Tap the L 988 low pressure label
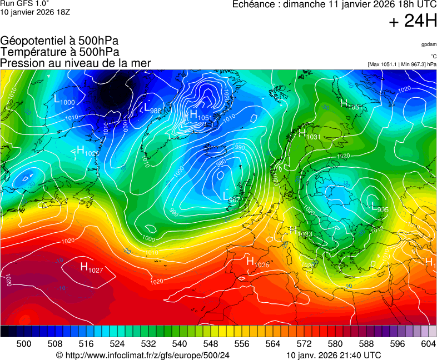click(x=152, y=108)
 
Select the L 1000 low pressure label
click(x=63, y=101)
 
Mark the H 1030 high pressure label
click(x=87, y=151)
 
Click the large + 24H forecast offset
click(x=413, y=21)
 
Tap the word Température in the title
click(x=32, y=52)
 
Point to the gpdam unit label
click(x=428, y=44)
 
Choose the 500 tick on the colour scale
click(x=23, y=344)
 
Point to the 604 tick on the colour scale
click(x=428, y=344)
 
